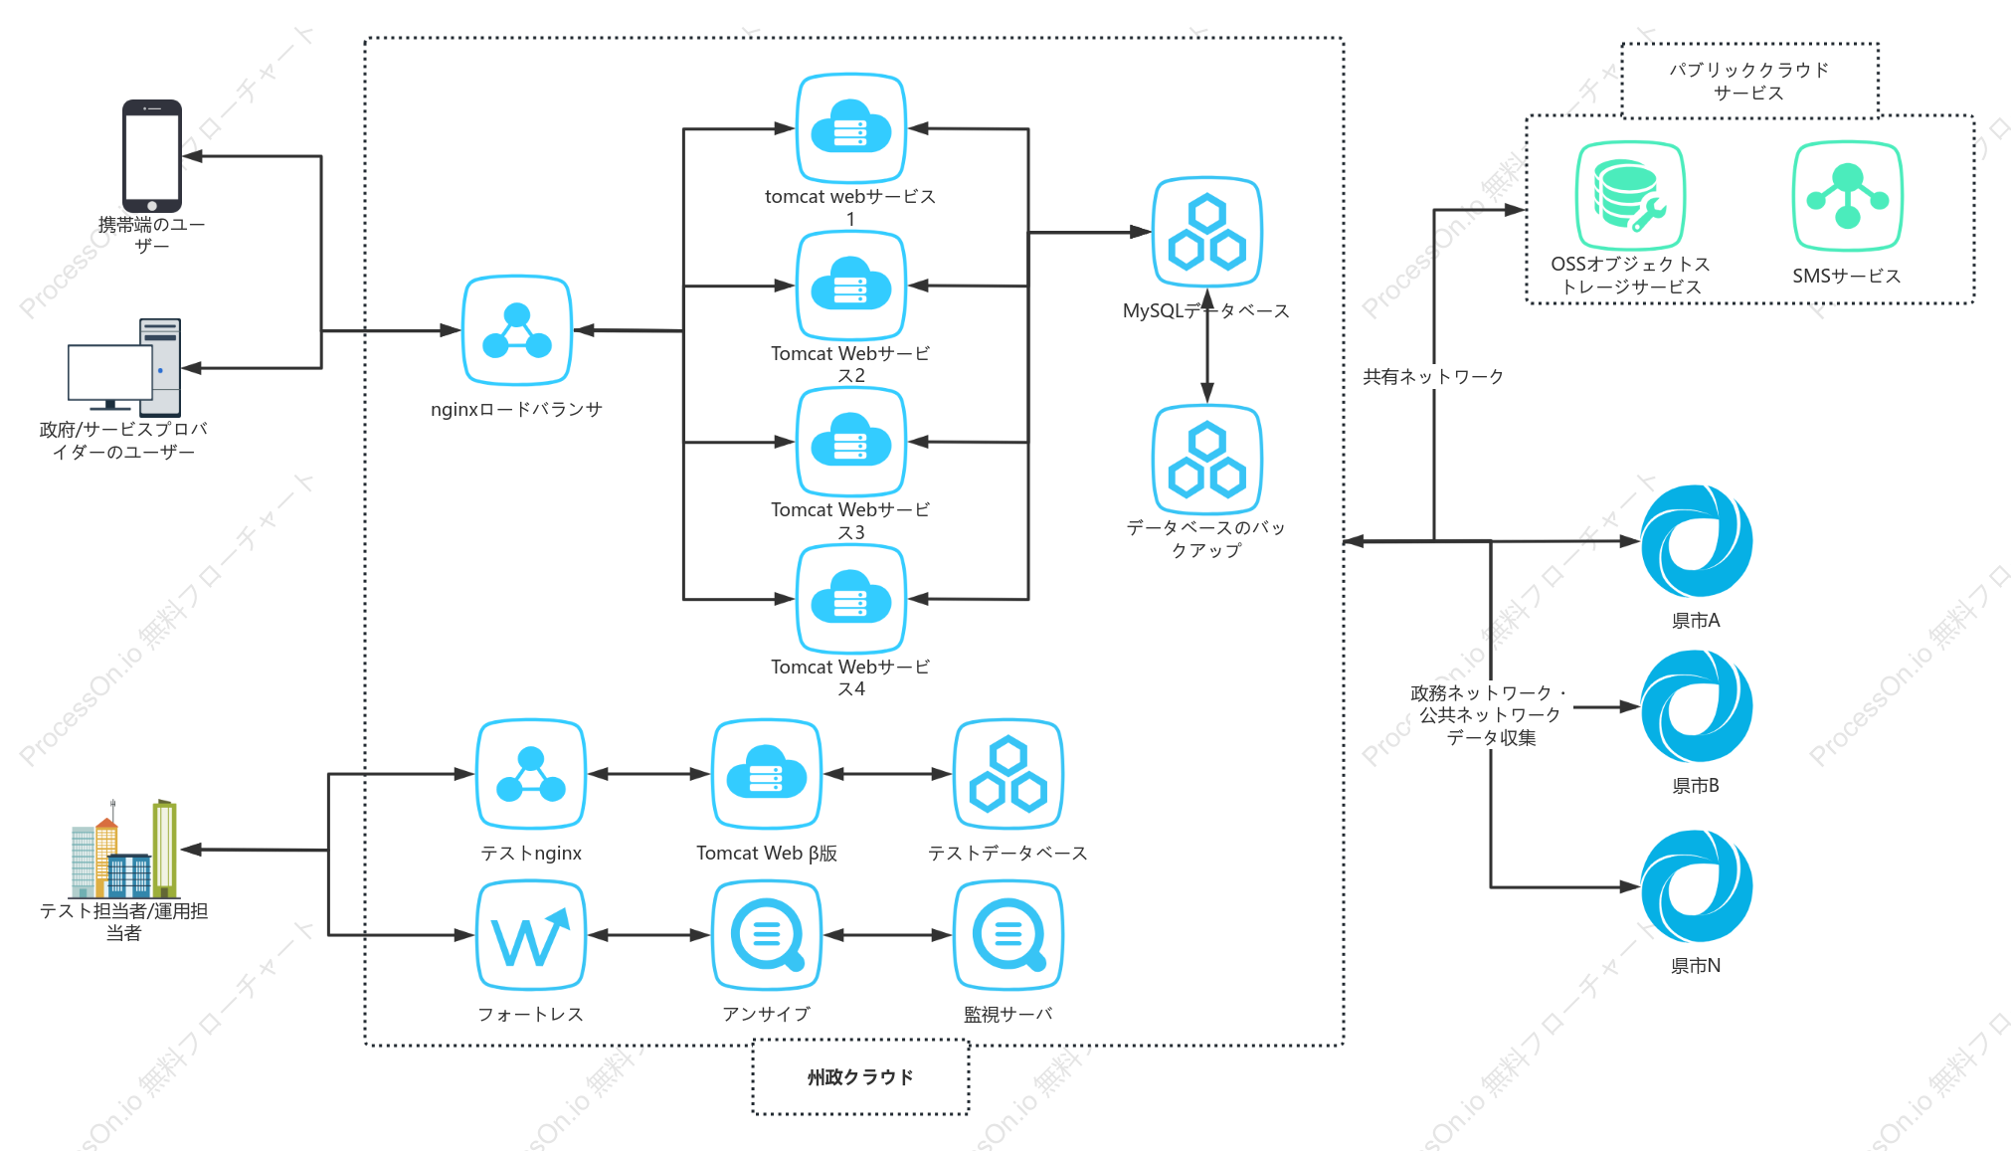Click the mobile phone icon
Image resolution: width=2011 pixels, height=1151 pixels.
pos(152,155)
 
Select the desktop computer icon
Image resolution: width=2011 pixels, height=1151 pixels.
pos(124,366)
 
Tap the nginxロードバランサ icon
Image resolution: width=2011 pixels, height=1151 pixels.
pos(517,330)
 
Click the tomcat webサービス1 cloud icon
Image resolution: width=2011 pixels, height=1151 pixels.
pos(850,128)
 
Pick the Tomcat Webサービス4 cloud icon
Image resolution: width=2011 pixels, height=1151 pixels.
pos(850,599)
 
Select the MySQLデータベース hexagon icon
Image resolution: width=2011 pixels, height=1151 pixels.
pos(1207,233)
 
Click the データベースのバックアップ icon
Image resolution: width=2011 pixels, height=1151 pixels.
pos(1207,460)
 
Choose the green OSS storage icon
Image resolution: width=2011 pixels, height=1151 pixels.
pos(1630,196)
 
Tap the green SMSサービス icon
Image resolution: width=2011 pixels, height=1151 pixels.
pos(1848,196)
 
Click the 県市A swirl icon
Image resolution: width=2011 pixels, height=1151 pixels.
pos(1697,541)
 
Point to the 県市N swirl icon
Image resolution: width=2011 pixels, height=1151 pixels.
pos(1697,886)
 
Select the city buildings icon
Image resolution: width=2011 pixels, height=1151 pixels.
pos(124,849)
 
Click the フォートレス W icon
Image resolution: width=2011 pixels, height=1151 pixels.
pos(531,935)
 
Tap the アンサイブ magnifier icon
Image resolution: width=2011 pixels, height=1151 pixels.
pos(767,935)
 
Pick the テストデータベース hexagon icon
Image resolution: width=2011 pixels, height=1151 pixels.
pos(1008,774)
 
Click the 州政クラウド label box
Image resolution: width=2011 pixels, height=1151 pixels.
pos(860,1077)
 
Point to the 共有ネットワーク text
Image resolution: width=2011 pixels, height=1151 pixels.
pos(1433,376)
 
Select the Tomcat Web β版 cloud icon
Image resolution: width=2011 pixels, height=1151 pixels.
pos(767,774)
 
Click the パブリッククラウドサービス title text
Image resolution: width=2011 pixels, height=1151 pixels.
pos(1749,81)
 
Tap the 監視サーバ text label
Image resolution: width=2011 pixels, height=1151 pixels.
pos(1008,1014)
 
